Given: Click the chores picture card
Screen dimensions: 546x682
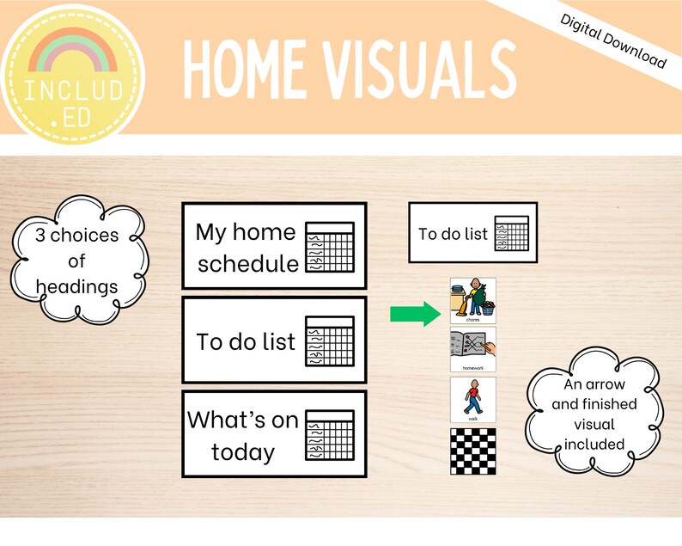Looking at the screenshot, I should point(472,300).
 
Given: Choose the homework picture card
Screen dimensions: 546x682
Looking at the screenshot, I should point(472,349).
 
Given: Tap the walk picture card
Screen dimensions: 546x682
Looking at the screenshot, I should point(472,399).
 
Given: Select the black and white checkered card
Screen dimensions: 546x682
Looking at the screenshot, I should point(472,451).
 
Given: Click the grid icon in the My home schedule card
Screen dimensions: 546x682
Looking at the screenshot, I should point(330,246).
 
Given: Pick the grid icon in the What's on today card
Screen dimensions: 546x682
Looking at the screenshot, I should point(330,434).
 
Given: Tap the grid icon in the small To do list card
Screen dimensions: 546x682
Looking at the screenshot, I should point(511,233).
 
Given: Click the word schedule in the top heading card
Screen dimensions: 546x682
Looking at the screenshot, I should point(248,263).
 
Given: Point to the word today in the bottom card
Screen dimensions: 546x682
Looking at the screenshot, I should point(243,452).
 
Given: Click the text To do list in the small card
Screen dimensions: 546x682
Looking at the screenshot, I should point(453,233).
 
